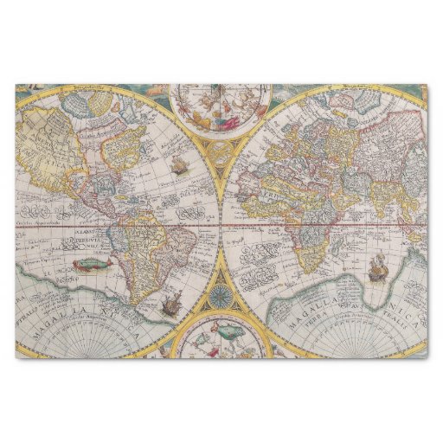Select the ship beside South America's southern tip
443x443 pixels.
click(167, 303)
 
